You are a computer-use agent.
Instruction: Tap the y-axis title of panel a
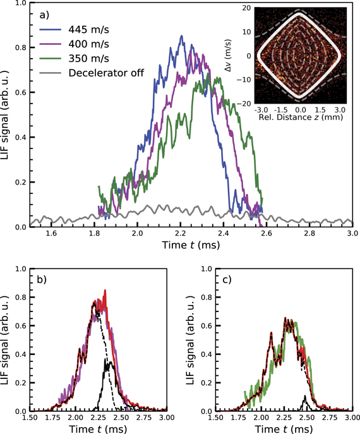coord(8,115)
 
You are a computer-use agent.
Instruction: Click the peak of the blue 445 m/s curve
coord(182,37)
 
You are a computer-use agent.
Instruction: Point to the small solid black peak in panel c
coord(305,396)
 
